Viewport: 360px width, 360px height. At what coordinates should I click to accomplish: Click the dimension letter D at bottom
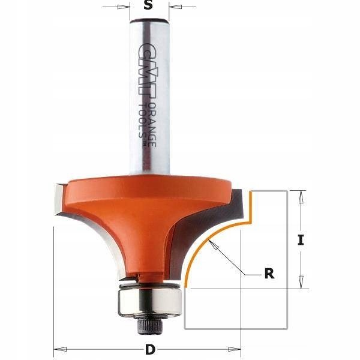[x=148, y=350]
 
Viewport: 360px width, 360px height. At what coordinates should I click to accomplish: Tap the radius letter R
[x=269, y=274]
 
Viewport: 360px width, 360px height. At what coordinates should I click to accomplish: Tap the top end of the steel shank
[x=148, y=22]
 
